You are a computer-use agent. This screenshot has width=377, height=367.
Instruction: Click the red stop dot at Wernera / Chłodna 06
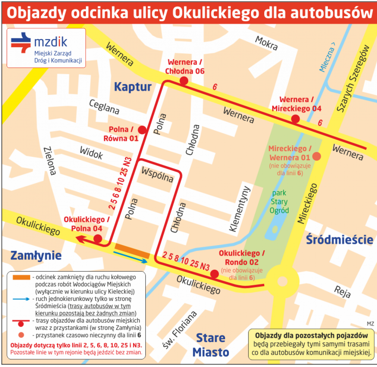184,81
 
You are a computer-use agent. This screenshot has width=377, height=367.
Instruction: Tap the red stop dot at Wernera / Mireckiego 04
295,118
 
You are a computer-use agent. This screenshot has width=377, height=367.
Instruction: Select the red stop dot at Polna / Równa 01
142,130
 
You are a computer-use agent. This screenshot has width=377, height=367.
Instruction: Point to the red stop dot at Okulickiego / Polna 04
98,239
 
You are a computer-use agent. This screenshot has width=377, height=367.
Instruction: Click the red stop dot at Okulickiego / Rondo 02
215,274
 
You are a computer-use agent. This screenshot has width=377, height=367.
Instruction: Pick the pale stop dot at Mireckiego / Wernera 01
316,156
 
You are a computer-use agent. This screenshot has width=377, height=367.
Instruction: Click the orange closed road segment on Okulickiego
132,251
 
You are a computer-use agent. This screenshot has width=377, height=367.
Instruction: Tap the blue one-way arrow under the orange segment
130,257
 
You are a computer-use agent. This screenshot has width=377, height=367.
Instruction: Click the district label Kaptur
133,87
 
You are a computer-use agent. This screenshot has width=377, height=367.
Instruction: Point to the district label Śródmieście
339,240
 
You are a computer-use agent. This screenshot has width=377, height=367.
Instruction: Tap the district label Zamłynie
36,255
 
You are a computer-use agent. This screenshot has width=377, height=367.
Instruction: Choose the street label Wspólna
157,175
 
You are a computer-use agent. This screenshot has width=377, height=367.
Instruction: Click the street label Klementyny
240,209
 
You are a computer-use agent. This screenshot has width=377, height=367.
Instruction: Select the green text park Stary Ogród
279,202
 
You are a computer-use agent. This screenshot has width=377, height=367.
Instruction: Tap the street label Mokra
267,43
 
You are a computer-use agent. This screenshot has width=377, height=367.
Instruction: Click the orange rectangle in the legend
21,277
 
